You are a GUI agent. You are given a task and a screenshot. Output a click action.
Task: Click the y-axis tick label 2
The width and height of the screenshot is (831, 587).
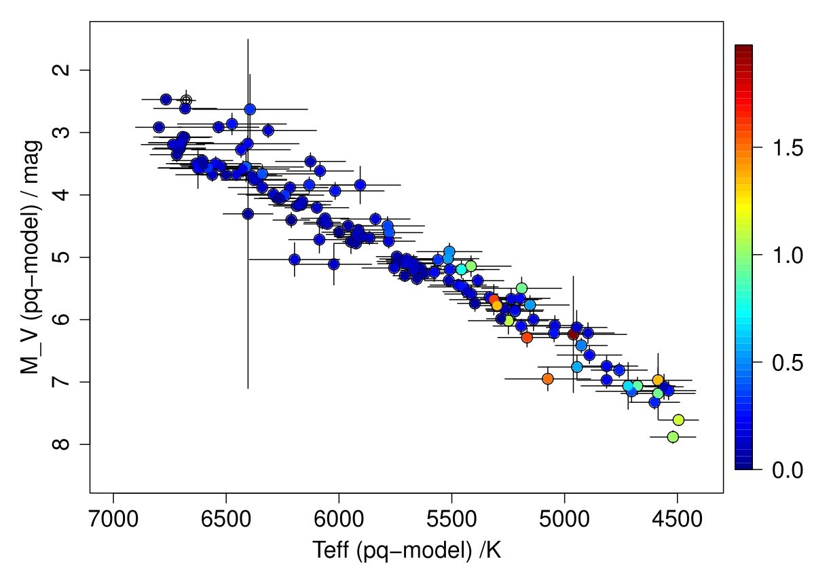62,70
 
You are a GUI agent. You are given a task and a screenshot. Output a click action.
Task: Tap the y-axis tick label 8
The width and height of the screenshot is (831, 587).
62,444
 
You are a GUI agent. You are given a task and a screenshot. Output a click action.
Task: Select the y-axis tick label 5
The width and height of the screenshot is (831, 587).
62,257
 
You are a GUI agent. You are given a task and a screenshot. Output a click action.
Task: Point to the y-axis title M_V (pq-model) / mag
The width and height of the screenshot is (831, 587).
29,257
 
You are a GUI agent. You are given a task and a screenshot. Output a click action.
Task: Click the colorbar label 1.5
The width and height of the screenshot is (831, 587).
788,148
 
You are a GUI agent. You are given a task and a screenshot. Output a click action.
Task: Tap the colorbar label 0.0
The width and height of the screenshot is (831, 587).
788,470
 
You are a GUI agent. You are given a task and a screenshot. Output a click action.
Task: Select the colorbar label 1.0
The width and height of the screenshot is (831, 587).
788,255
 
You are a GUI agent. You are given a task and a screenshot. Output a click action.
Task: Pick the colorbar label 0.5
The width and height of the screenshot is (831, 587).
788,363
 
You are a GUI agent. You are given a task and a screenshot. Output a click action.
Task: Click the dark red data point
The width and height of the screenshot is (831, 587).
573,334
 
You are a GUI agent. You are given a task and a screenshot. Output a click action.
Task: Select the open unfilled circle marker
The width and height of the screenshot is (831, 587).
186,101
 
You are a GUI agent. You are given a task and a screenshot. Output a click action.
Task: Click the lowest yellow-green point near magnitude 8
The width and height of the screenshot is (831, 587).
673,437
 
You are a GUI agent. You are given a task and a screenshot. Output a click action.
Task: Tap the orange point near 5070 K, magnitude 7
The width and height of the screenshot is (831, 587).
548,378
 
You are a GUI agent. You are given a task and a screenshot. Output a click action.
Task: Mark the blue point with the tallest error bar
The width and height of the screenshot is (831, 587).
248,213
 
